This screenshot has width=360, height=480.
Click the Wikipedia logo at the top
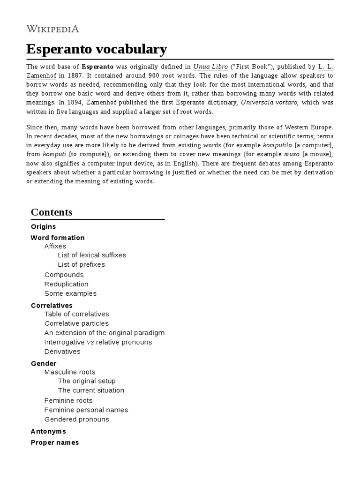coord(52,29)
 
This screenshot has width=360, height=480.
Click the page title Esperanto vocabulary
coord(96,49)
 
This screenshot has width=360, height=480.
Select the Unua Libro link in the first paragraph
coord(207,67)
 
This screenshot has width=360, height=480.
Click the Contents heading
coord(52,212)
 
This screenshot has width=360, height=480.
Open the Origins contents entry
coord(43,226)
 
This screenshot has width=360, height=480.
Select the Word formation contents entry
coord(58,238)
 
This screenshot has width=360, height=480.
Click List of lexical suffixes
coord(92,255)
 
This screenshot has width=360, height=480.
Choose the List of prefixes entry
coord(81,264)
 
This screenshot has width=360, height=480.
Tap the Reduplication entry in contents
coord(66,284)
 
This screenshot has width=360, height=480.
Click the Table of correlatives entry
coord(76,314)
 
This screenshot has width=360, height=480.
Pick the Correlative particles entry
coord(76,323)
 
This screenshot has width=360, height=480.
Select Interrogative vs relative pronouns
coord(98,342)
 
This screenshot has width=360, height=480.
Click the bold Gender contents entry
coord(44,363)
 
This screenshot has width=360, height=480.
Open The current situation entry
coord(91,390)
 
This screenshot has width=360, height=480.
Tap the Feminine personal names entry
coord(86,410)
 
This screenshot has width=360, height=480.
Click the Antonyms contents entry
coord(48,431)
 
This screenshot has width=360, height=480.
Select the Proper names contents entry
coord(55,442)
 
